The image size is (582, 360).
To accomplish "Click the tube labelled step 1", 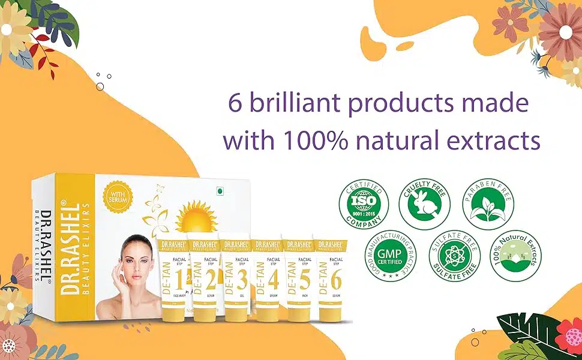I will [x=172, y=279].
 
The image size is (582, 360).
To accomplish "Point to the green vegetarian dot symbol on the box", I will [x=220, y=191].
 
